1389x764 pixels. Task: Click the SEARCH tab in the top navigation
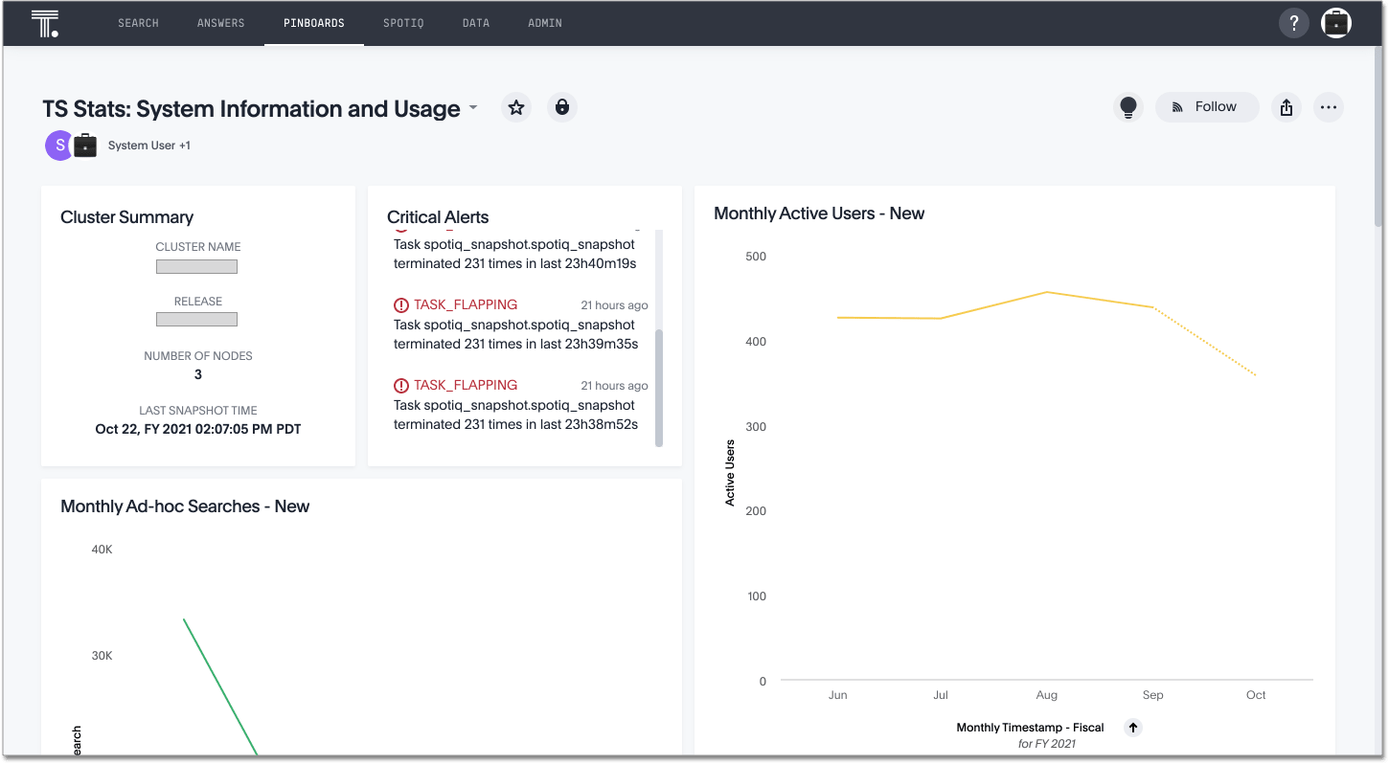coord(138,23)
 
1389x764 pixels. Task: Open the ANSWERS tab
coord(220,23)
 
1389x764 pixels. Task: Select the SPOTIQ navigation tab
coord(403,23)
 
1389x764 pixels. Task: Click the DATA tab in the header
coord(476,23)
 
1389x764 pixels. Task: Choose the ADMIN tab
coord(545,23)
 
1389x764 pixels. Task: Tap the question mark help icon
coord(1293,23)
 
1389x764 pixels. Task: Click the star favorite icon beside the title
coord(516,107)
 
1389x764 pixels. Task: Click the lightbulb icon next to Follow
coord(1128,107)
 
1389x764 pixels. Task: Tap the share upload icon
coord(1286,107)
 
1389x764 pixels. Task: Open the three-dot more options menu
coord(1328,107)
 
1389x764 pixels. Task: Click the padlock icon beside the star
coord(562,107)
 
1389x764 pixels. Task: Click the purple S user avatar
coord(59,146)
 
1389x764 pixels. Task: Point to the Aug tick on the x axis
coord(1046,695)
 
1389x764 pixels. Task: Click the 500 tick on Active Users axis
coord(756,257)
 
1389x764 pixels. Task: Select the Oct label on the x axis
coord(1256,695)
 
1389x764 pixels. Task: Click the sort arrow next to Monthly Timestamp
coord(1133,728)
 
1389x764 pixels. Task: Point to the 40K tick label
coord(102,550)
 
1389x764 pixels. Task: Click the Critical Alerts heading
coord(438,217)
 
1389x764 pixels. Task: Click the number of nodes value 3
coord(198,374)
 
